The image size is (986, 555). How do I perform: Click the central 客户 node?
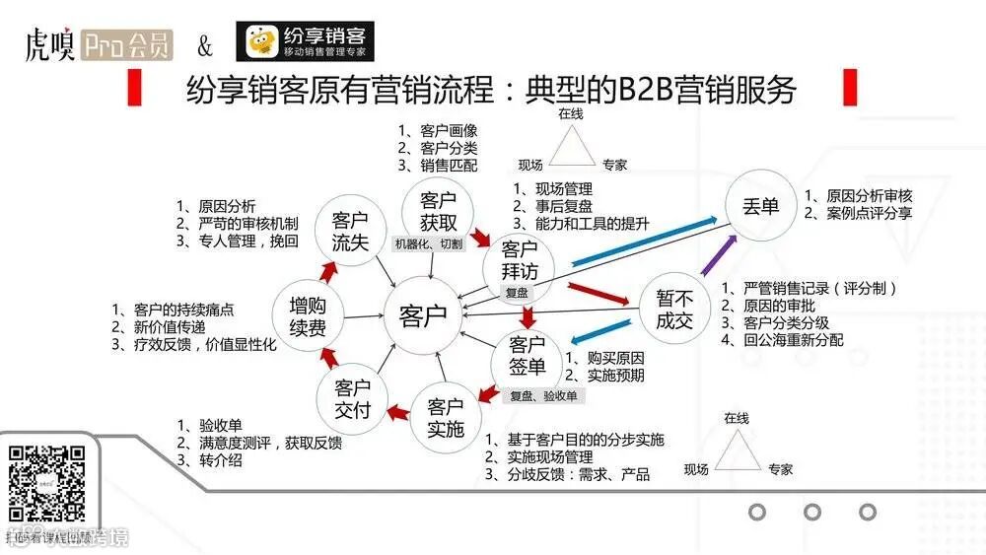click(x=423, y=315)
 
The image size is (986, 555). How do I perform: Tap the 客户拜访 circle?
click(x=518, y=260)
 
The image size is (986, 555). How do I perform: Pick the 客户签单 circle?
click(x=528, y=356)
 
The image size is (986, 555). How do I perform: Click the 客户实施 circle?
click(x=446, y=417)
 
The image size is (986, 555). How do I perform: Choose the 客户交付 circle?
click(x=352, y=398)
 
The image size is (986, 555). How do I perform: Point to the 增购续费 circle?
click(x=308, y=315)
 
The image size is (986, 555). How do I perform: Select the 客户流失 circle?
click(x=350, y=231)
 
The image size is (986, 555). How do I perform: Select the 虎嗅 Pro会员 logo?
click(x=98, y=45)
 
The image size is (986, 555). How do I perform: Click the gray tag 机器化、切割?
click(x=428, y=243)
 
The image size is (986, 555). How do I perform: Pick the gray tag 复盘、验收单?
click(x=543, y=395)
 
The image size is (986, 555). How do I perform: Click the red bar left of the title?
click(x=134, y=90)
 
